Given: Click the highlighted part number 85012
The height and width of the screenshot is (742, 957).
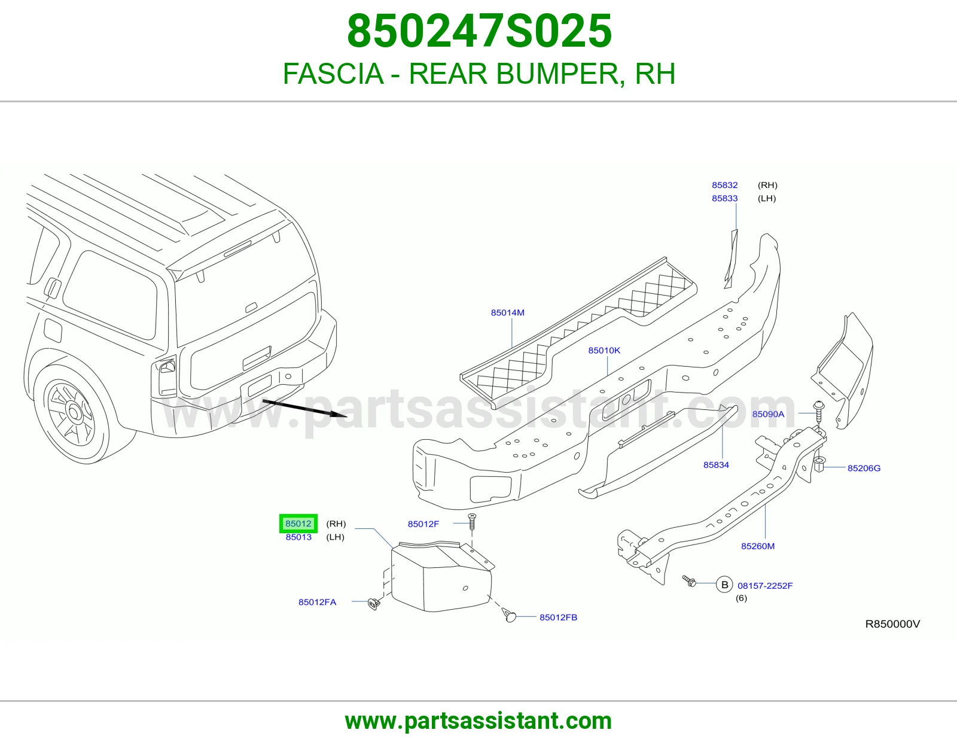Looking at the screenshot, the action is tap(298, 524).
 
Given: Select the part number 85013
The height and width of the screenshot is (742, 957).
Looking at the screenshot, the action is tap(298, 537).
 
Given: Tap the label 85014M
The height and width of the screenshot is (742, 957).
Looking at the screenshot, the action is tap(507, 312).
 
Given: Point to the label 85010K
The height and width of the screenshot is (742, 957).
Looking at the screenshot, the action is tap(604, 350).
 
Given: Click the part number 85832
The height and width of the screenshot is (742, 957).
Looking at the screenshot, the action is tap(724, 185).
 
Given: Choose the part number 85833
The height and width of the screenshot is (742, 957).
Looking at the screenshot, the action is tap(724, 198).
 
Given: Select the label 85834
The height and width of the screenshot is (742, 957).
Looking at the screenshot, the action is tap(716, 465).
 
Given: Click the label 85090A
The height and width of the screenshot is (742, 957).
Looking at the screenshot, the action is tap(768, 414).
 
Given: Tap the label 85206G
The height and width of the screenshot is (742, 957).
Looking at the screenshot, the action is tap(864, 469).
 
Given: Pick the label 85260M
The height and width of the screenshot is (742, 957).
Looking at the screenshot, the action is tap(757, 546).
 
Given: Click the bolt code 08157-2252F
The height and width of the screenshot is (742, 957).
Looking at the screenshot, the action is tap(765, 586).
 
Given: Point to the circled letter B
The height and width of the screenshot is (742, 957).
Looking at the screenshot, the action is tap(724, 585).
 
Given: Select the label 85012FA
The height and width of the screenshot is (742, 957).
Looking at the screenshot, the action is tap(317, 603).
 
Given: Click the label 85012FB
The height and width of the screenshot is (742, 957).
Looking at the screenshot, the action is tap(558, 618).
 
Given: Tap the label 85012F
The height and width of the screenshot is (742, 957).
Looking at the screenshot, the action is tap(423, 524).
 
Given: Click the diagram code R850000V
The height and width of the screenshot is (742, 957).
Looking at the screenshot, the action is tap(892, 624).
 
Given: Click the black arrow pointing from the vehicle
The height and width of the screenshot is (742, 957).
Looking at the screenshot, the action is tap(305, 409).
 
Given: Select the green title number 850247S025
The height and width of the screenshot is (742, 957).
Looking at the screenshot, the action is tap(479, 31).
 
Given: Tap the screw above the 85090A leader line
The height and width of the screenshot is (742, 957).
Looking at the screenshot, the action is tap(819, 410).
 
